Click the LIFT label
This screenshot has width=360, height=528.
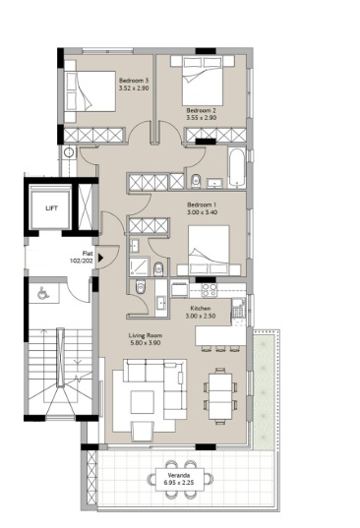[x=50, y=208]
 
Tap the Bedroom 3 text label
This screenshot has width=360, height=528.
[x=134, y=79]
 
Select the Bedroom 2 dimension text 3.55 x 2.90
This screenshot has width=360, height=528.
[x=201, y=118]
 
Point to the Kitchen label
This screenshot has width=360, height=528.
[x=203, y=308]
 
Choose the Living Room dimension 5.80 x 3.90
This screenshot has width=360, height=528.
[x=146, y=343]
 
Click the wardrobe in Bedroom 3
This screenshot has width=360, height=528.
[x=96, y=134]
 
